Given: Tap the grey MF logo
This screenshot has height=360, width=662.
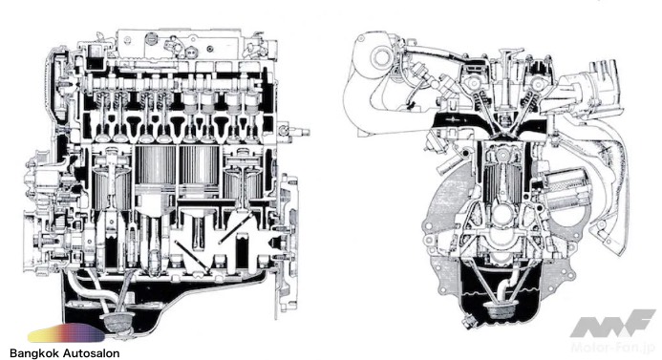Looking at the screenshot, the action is [x=611, y=324].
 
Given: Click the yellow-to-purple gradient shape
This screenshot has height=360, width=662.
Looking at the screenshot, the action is [x=66, y=333].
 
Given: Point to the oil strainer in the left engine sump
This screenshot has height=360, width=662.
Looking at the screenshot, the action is [x=117, y=322].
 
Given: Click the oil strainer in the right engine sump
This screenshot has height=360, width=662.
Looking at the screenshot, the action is [x=501, y=311].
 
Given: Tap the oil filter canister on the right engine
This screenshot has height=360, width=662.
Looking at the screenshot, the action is [x=566, y=189].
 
